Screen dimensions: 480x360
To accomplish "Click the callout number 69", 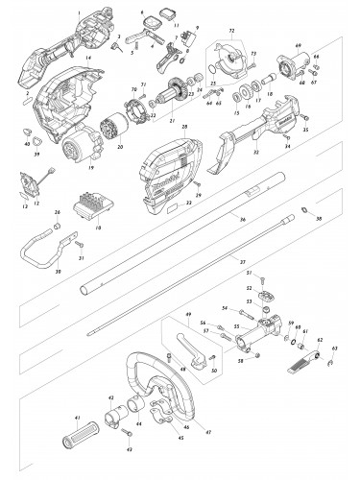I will pyautogui.click(x=298, y=46).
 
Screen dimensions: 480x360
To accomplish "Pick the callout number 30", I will pyautogui.click(x=59, y=272).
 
